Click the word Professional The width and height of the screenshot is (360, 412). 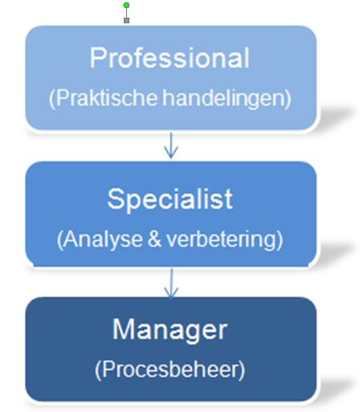tap(170, 58)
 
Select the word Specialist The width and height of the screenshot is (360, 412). tap(170, 198)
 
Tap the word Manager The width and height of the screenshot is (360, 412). tap(170, 329)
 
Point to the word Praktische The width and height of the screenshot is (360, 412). tap(106, 97)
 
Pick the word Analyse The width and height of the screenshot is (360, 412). tap(103, 239)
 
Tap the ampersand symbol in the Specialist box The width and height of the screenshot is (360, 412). tap(154, 239)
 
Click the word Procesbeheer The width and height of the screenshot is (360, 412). tap(170, 369)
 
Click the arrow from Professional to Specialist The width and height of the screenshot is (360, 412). tap(171, 145)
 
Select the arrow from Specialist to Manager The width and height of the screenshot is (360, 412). tap(171, 283)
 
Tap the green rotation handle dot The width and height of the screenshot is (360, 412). tap(127, 5)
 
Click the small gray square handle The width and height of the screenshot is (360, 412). tap(127, 20)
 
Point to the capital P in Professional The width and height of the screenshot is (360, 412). tap(97, 58)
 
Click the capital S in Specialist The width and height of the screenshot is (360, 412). tap(115, 198)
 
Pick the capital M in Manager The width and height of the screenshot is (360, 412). tap(122, 329)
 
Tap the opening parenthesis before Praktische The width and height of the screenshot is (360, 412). tap(52, 98)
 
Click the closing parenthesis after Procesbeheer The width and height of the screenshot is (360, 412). tap(242, 370)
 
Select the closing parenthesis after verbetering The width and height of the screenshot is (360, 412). tap(280, 239)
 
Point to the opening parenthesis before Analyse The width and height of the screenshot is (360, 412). tap(60, 240)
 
